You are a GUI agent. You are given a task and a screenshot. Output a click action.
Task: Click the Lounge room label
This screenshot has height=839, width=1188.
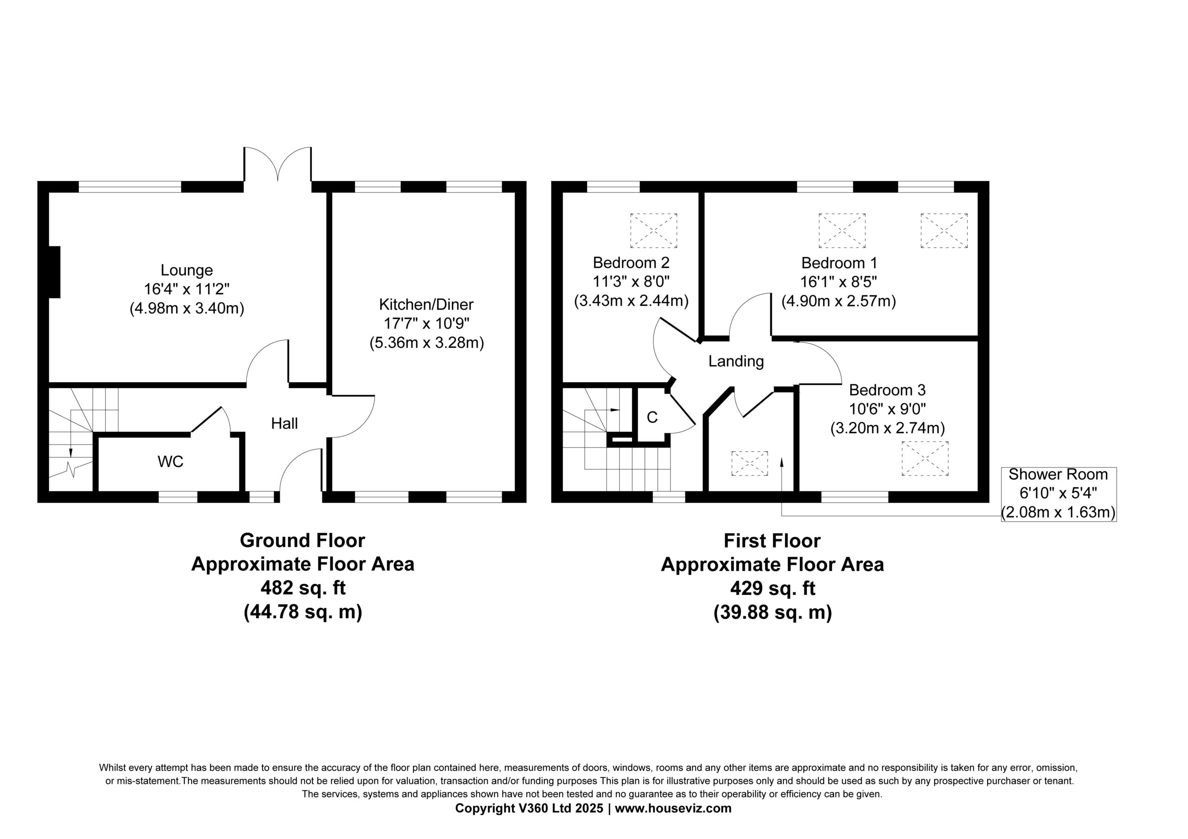(x=187, y=270)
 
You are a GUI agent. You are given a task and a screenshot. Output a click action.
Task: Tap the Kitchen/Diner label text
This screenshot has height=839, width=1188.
(x=426, y=304)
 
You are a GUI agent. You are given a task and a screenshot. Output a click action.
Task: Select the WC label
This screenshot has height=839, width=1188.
(x=171, y=461)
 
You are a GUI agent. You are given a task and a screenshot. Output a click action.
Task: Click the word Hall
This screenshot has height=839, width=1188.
(x=284, y=423)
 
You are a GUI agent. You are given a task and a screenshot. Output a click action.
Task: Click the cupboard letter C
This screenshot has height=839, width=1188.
(x=652, y=417)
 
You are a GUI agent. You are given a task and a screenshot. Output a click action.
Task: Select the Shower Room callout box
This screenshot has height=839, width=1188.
(x=1059, y=494)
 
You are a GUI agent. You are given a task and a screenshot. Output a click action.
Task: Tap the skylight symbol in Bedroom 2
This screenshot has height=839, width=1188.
(x=653, y=230)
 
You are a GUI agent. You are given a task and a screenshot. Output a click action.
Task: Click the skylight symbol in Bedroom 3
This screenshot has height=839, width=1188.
(x=925, y=458)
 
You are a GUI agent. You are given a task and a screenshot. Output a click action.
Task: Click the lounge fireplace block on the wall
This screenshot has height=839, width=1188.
(x=54, y=272)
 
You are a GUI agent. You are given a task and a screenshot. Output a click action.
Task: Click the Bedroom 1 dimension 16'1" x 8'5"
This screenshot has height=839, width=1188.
(x=839, y=282)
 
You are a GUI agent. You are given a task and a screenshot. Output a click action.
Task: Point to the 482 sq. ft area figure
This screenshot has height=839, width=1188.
(x=303, y=588)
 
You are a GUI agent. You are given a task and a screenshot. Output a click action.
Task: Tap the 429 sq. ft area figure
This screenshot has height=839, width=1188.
(x=773, y=589)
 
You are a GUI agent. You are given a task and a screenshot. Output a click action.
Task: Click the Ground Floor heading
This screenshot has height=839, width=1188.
(x=303, y=540)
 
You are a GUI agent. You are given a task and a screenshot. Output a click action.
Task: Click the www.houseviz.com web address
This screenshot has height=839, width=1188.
(x=673, y=808)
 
